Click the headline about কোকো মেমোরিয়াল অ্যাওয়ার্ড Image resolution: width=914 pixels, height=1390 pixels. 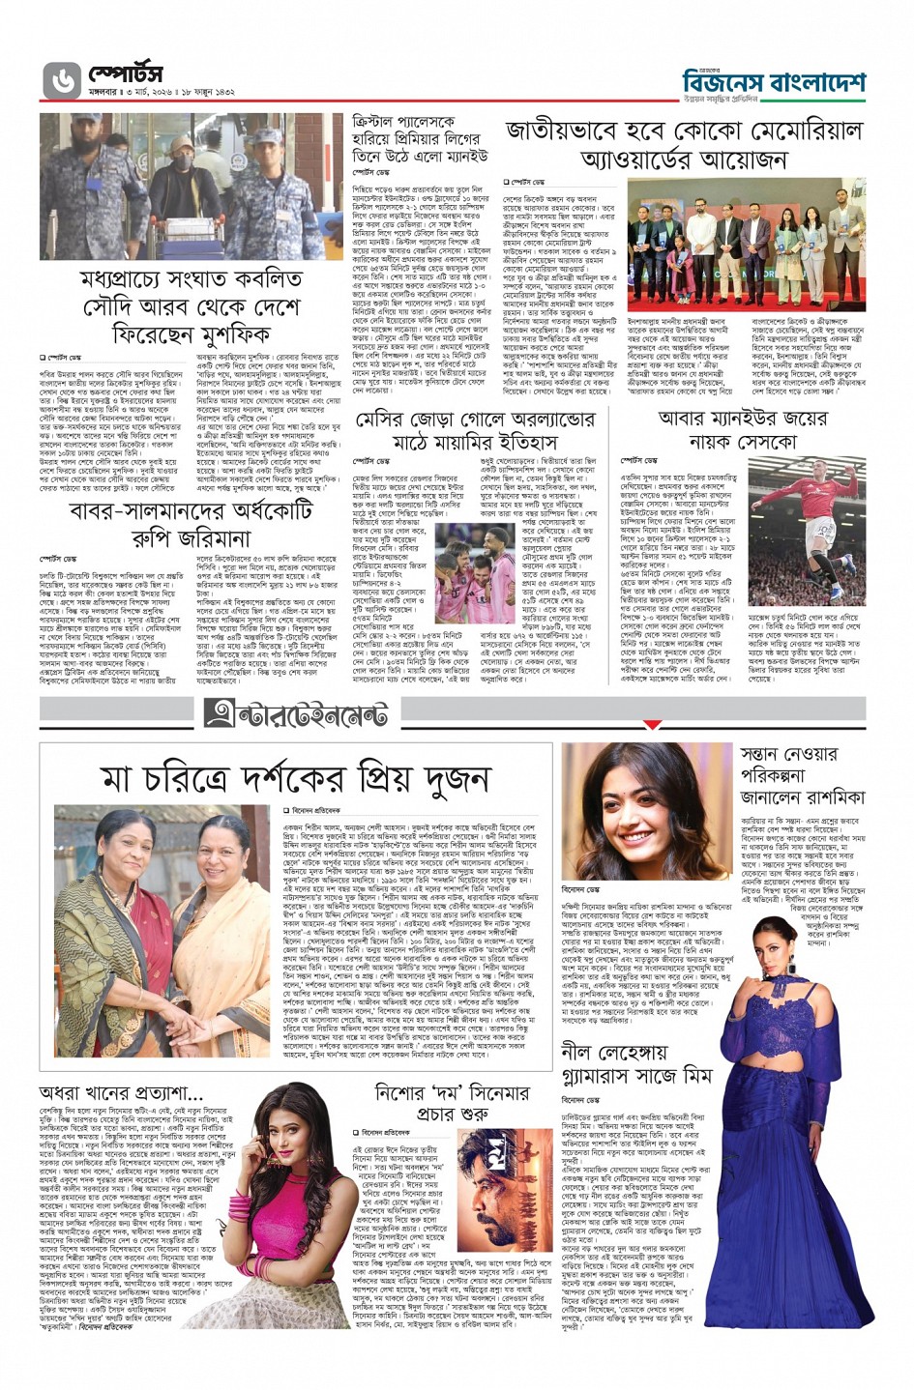click(x=682, y=144)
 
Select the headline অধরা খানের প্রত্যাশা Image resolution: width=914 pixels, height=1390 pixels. click(x=121, y=1093)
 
